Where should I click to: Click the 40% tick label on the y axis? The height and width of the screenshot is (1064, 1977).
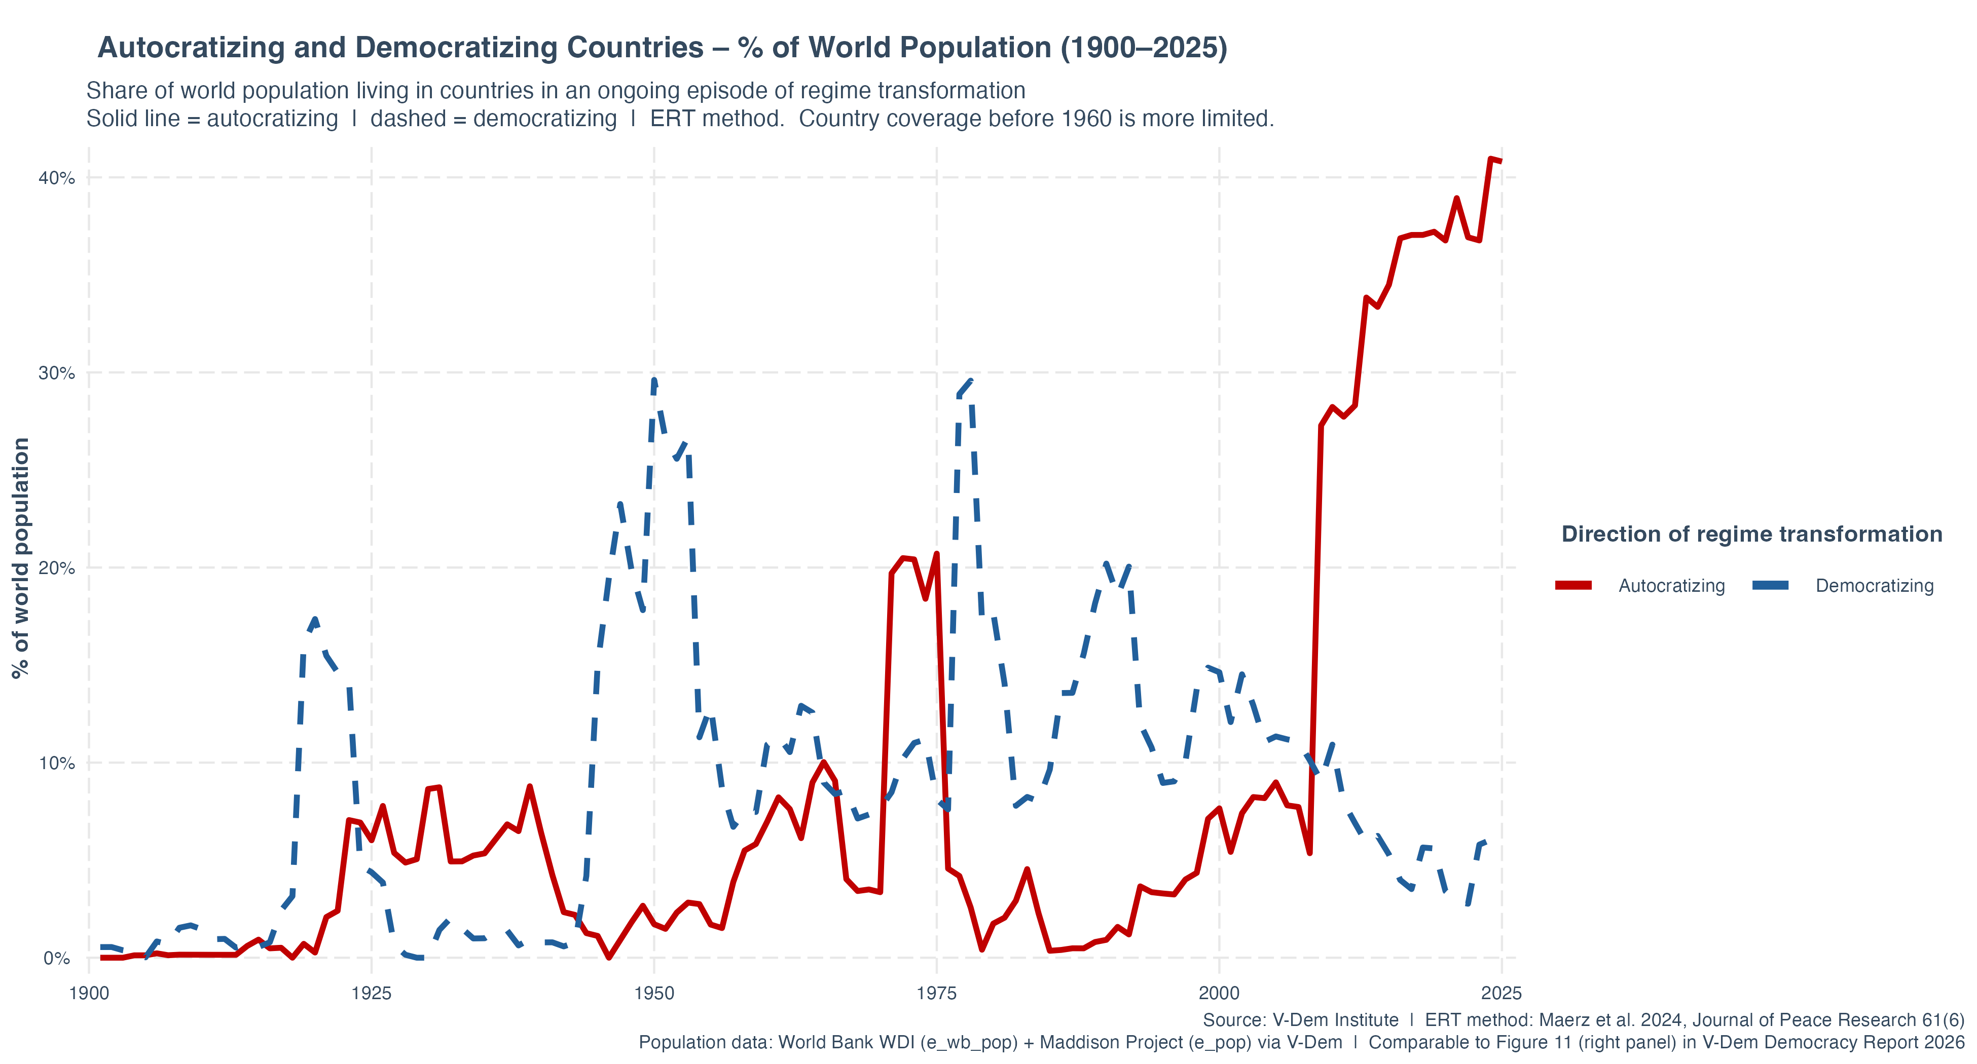tap(56, 178)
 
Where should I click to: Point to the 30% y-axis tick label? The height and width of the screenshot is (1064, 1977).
tap(56, 373)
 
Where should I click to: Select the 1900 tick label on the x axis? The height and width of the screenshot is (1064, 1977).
tap(89, 994)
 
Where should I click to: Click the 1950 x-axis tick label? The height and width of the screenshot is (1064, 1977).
tap(654, 994)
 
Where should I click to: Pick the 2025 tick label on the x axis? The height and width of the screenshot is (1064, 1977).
tap(1501, 994)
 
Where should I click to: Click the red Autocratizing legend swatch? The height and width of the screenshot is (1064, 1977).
tap(1573, 585)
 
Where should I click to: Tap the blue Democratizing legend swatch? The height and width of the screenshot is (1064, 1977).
tap(1771, 585)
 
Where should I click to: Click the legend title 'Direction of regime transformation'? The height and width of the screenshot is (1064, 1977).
tap(1751, 534)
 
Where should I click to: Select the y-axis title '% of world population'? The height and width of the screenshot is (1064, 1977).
tap(21, 558)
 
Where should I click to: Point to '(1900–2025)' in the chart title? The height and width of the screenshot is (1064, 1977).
tap(1144, 48)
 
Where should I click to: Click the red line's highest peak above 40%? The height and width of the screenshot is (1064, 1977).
tap(1490, 160)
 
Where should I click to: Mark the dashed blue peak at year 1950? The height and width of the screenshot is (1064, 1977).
tap(654, 379)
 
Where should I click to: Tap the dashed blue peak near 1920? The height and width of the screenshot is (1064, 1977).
tap(315, 619)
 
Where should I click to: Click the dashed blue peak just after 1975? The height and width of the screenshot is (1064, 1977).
tap(971, 381)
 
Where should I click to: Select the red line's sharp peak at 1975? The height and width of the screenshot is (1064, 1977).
tap(936, 554)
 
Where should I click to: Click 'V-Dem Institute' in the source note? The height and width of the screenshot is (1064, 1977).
tap(1335, 1020)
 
